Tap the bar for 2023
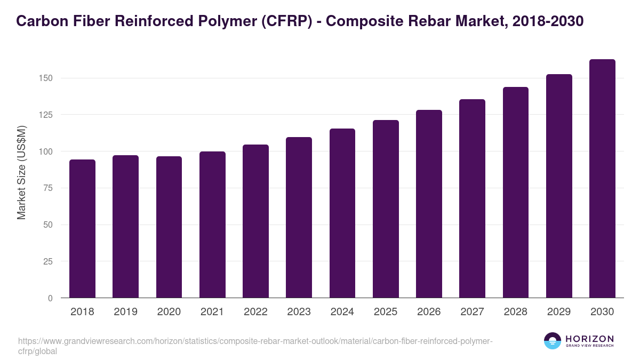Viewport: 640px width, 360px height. point(299,217)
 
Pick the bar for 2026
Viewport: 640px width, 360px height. point(429,204)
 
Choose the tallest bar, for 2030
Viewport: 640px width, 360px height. point(602,179)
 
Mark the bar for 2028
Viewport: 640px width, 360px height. point(516,192)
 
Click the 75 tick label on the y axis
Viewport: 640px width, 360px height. point(49,188)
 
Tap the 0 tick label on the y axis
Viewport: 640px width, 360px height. point(51,298)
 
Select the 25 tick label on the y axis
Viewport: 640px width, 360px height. point(49,261)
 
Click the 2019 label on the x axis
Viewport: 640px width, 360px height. point(125,312)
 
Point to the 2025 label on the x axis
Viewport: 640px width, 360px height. point(386,312)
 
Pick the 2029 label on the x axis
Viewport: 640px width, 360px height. point(559,312)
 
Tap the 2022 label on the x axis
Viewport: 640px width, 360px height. point(255,312)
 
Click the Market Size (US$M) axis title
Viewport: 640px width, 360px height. point(21,172)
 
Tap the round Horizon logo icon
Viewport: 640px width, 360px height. point(552,341)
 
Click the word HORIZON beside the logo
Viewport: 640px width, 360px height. point(589,339)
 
